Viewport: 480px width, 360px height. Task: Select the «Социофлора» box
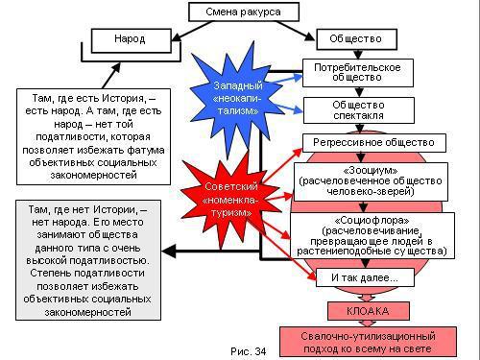(371, 234)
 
